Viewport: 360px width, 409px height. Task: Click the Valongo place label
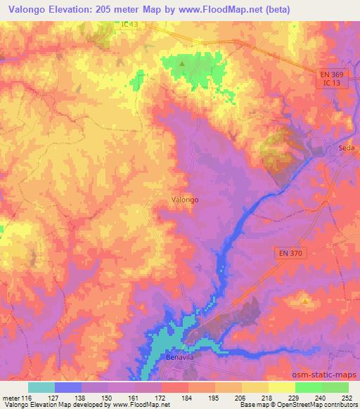click(x=185, y=200)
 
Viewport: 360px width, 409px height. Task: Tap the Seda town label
click(x=347, y=148)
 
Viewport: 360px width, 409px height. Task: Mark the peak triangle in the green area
click(x=182, y=65)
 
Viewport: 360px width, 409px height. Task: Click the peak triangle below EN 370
click(x=305, y=301)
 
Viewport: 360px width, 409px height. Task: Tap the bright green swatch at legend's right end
click(x=335, y=387)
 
